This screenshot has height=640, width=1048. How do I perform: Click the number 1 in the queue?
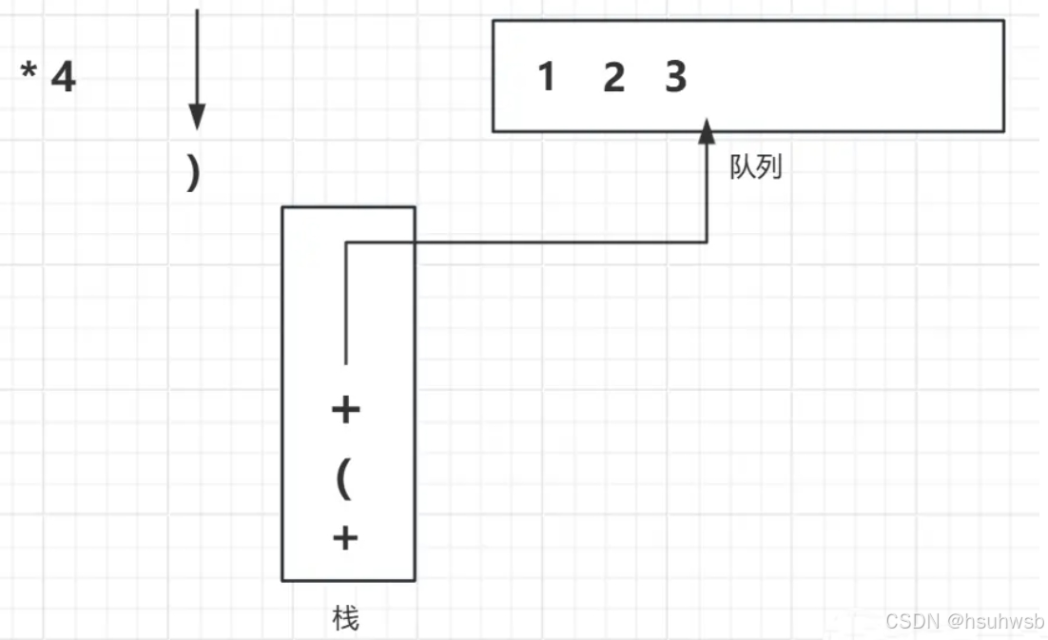coord(546,76)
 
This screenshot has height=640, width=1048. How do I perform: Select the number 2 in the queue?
coord(614,76)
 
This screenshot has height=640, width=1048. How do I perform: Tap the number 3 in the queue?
coord(675,76)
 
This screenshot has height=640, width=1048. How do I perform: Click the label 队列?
coord(755,168)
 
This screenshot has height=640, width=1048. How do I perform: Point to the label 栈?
coord(346,619)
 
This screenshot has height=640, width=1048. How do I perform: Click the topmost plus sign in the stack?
coord(345,410)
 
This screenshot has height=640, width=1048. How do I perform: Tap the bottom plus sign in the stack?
coord(345,539)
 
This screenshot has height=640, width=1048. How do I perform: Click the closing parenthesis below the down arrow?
coord(194,173)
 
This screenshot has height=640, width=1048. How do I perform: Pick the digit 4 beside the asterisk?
coord(63,77)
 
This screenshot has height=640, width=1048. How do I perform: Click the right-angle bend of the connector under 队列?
coord(707,242)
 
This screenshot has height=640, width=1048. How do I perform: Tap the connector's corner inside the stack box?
coord(345,242)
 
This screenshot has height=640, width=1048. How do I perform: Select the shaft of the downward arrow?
coord(196,57)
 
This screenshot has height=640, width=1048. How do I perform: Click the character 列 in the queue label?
coord(768,168)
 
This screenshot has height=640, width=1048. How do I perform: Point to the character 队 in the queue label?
coord(743,168)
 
